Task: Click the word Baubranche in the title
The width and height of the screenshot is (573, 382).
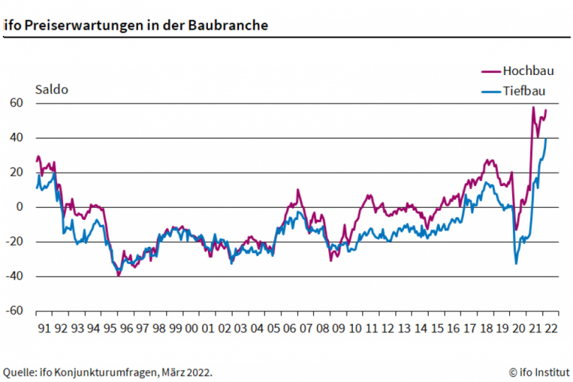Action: pos(228,25)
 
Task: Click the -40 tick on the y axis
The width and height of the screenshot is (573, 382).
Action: pos(15,277)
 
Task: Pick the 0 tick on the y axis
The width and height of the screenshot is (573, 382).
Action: pos(21,207)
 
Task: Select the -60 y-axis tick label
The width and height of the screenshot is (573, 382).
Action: pos(15,311)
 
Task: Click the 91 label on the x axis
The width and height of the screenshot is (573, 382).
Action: pos(43,328)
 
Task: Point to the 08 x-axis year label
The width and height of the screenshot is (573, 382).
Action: pos(322,328)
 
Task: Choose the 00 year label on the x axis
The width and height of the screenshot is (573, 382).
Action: pos(191,328)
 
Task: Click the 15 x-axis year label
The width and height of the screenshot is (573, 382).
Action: pos(437,328)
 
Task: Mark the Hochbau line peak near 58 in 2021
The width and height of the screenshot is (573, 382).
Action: pos(533,108)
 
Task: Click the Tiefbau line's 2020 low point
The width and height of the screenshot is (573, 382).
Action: pos(516,264)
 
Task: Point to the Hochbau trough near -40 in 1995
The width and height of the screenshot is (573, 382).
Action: pos(118,275)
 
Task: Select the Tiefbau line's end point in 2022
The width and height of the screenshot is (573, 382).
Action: pos(546,139)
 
